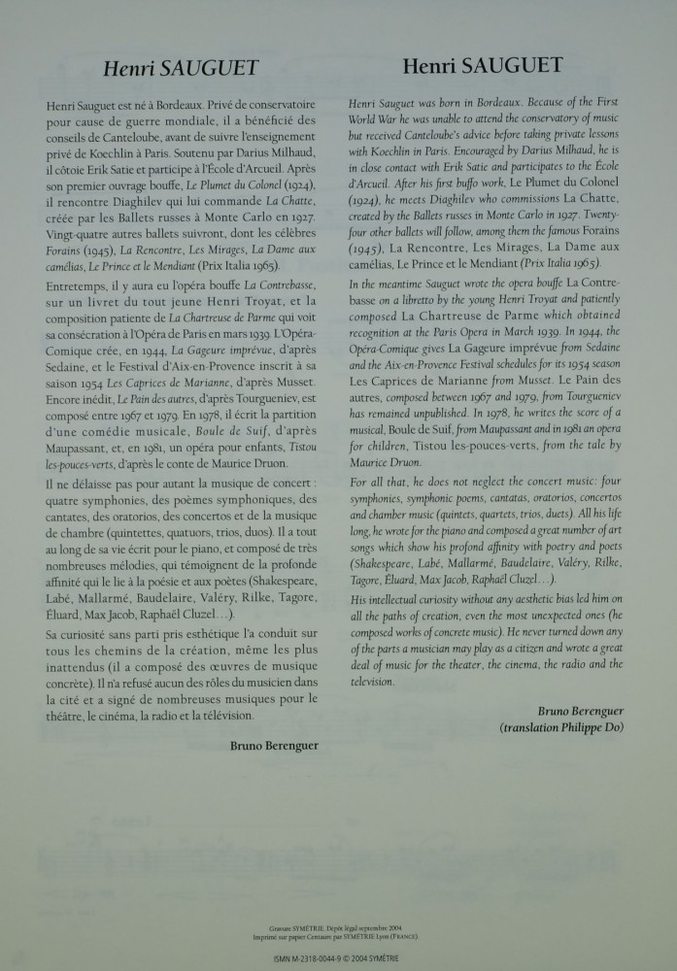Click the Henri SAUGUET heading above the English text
pyautogui.click(x=481, y=65)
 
